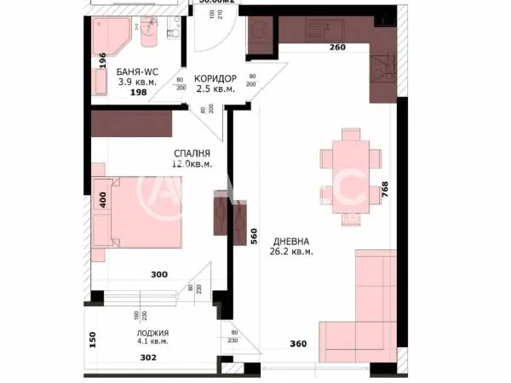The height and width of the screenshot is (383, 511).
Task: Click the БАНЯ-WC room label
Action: point(138,71)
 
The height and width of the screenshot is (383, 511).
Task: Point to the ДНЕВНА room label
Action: point(290,240)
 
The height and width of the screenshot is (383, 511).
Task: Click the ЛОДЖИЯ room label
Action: point(151,332)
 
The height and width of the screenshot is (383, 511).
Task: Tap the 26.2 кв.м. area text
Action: point(290,252)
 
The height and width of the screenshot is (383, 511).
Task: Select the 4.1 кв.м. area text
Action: point(151,342)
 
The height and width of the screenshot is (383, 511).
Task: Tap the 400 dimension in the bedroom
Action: point(102,202)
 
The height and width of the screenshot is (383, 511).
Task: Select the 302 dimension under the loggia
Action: point(148,357)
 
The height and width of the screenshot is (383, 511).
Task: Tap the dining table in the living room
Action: point(349,170)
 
